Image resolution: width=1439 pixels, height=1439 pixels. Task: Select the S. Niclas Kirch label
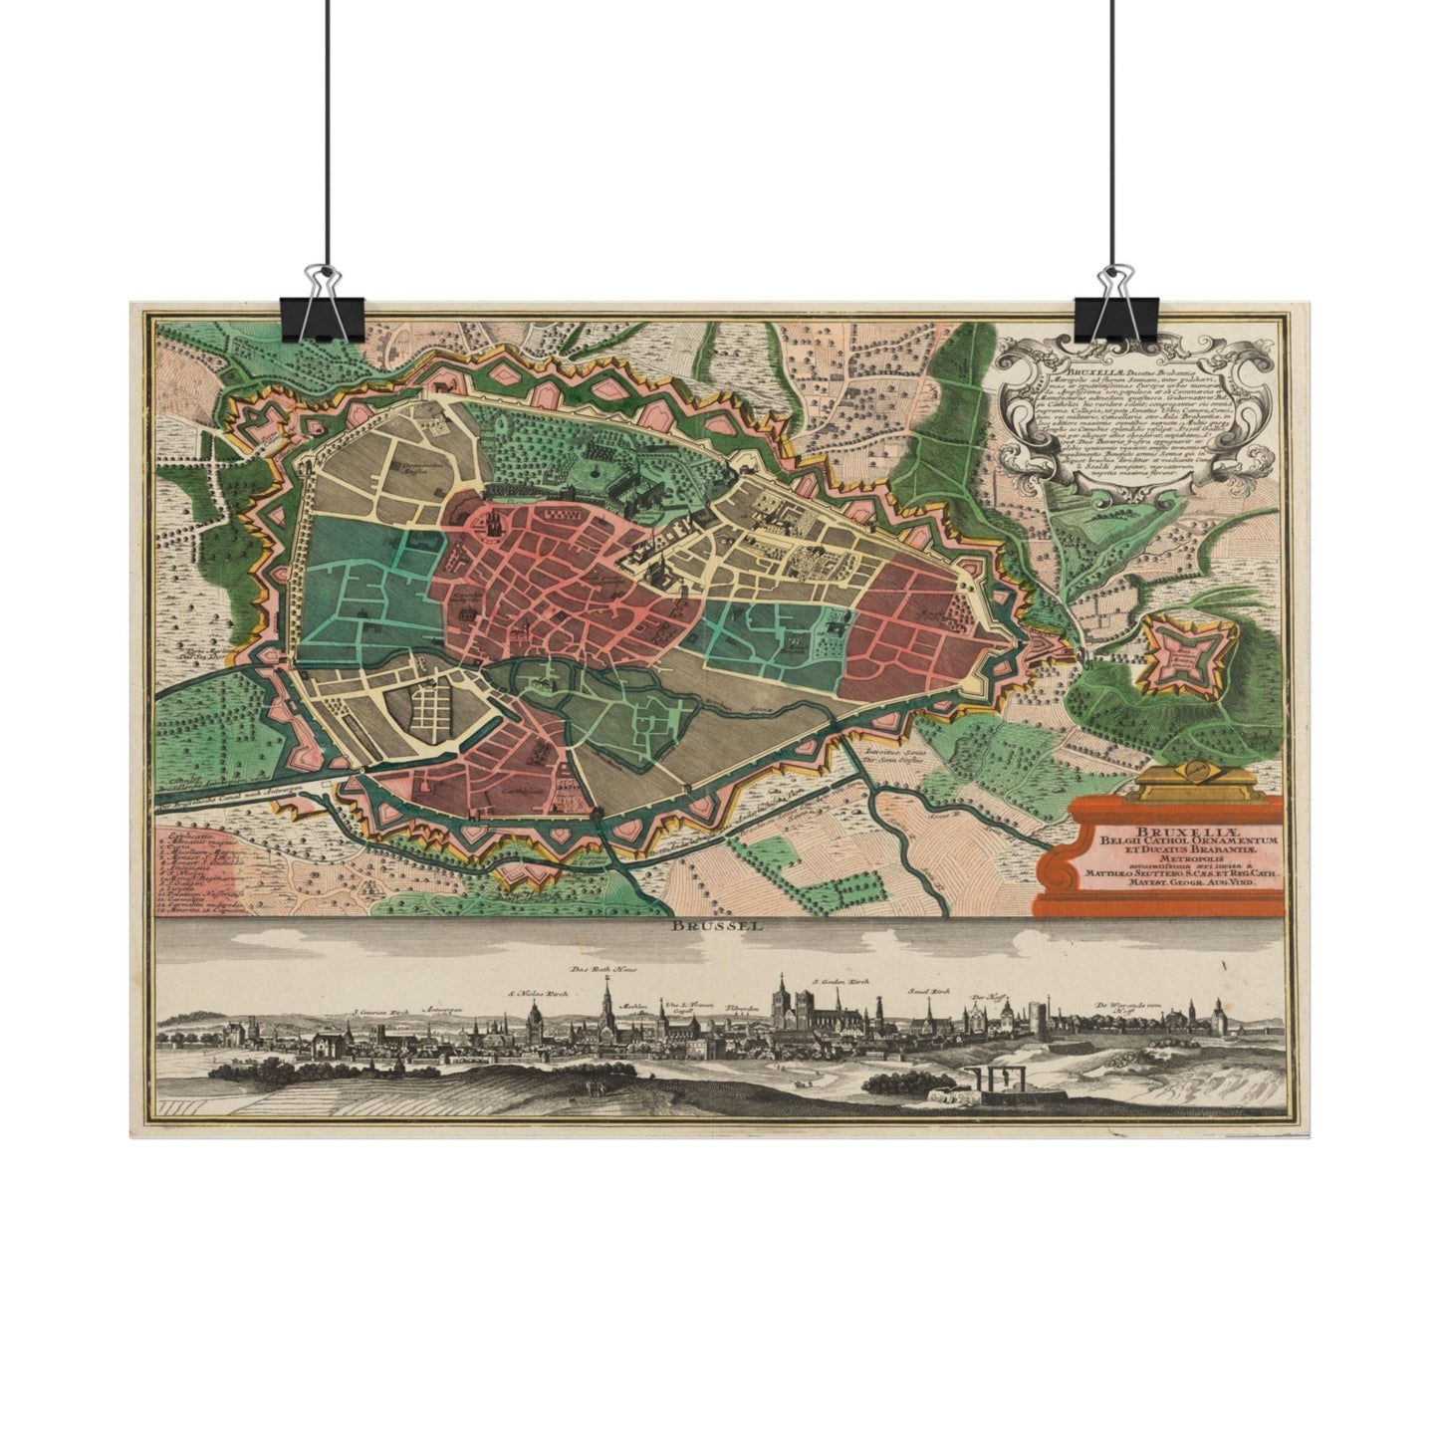[x=538, y=993]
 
